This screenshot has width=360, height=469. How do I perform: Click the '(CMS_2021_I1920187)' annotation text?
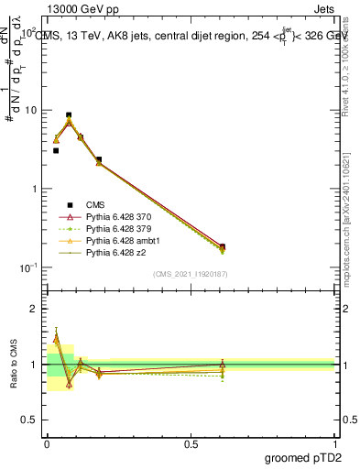coord(190,273)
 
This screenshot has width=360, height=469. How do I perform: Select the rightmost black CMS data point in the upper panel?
coord(223,246)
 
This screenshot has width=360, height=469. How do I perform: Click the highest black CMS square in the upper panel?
coord(69,115)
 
